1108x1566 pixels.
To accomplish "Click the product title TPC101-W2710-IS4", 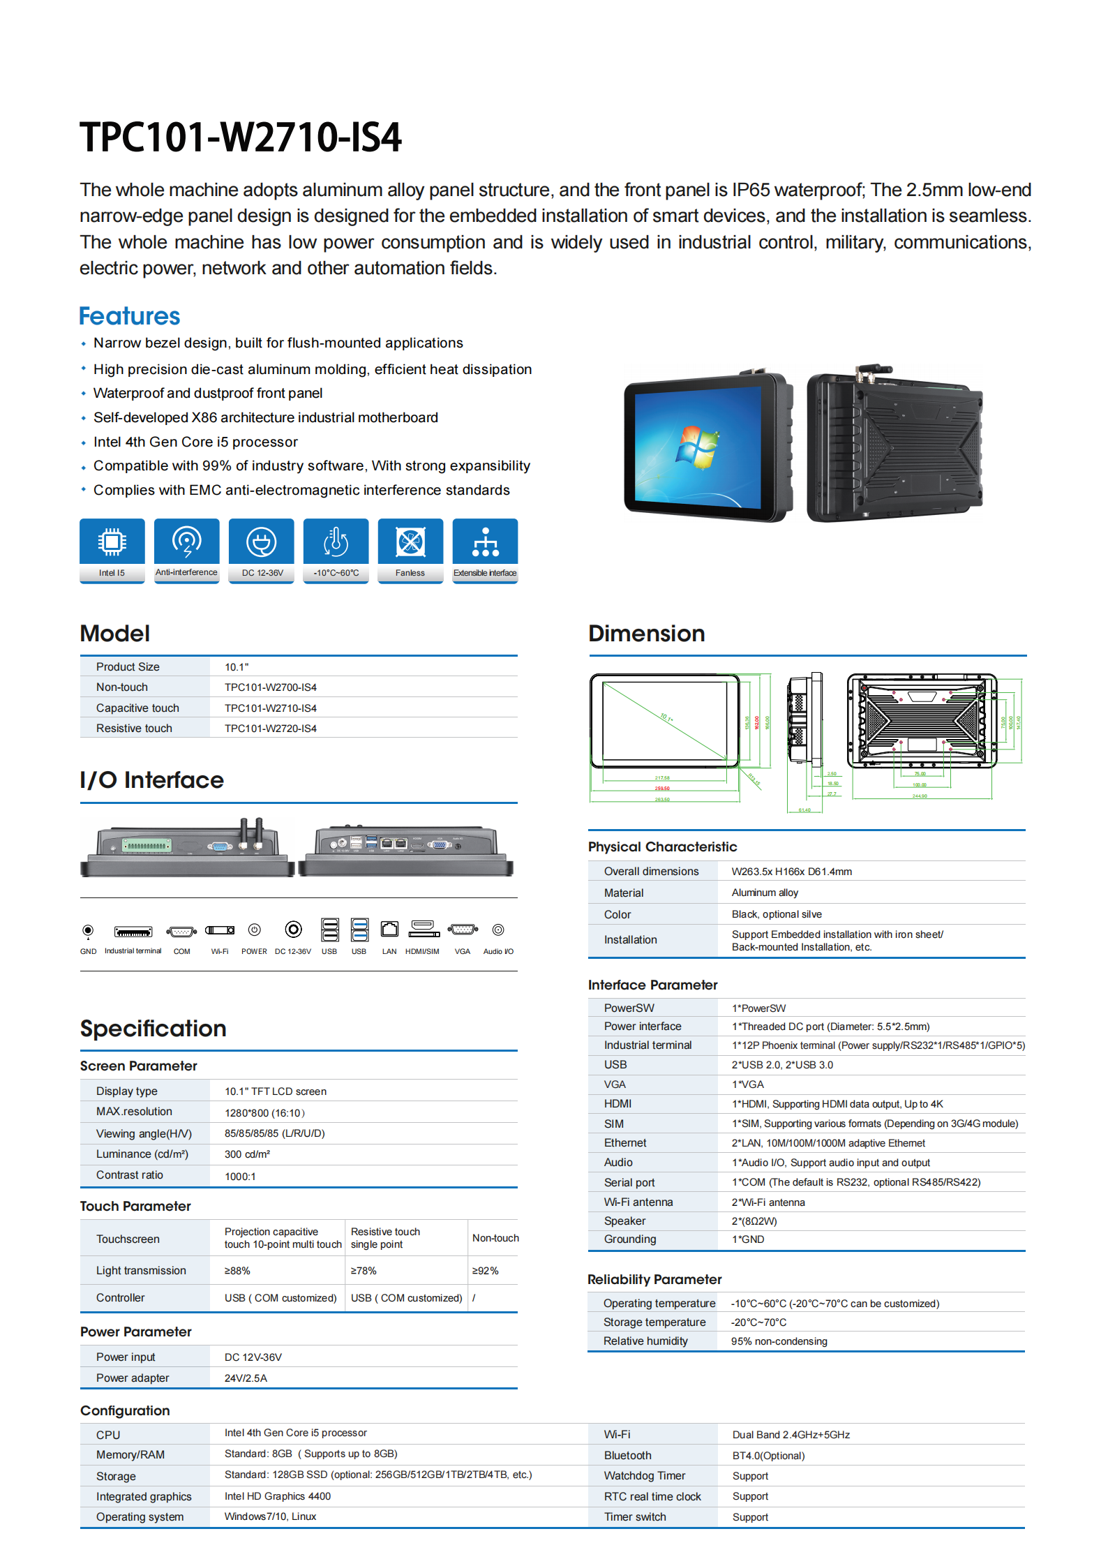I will click(241, 137).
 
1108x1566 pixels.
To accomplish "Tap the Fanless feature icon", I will click(410, 542).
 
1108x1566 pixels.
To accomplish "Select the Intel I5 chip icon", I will click(112, 542).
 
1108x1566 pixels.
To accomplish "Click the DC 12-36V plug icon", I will click(261, 542).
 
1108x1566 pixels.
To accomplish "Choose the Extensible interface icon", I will click(485, 542).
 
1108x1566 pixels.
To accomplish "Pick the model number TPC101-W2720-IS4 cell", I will click(271, 729).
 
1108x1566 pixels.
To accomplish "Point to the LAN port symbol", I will click(389, 930).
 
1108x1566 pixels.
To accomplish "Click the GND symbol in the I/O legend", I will click(88, 930).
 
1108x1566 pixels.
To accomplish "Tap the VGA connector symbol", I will click(463, 930).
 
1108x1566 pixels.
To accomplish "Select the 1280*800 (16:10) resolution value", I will click(264, 1113).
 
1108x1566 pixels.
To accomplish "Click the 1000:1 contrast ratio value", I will click(240, 1177).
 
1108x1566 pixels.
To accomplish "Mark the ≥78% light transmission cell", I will click(364, 1271).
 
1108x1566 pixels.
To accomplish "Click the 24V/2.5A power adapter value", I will click(246, 1378).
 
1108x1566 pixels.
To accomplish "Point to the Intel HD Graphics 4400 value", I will click(278, 1496).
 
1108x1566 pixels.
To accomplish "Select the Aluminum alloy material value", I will click(765, 893).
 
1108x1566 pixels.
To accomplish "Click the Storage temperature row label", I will click(654, 1322).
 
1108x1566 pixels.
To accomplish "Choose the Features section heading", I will click(130, 316).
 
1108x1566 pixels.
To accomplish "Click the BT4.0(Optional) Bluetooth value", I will click(768, 1456).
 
